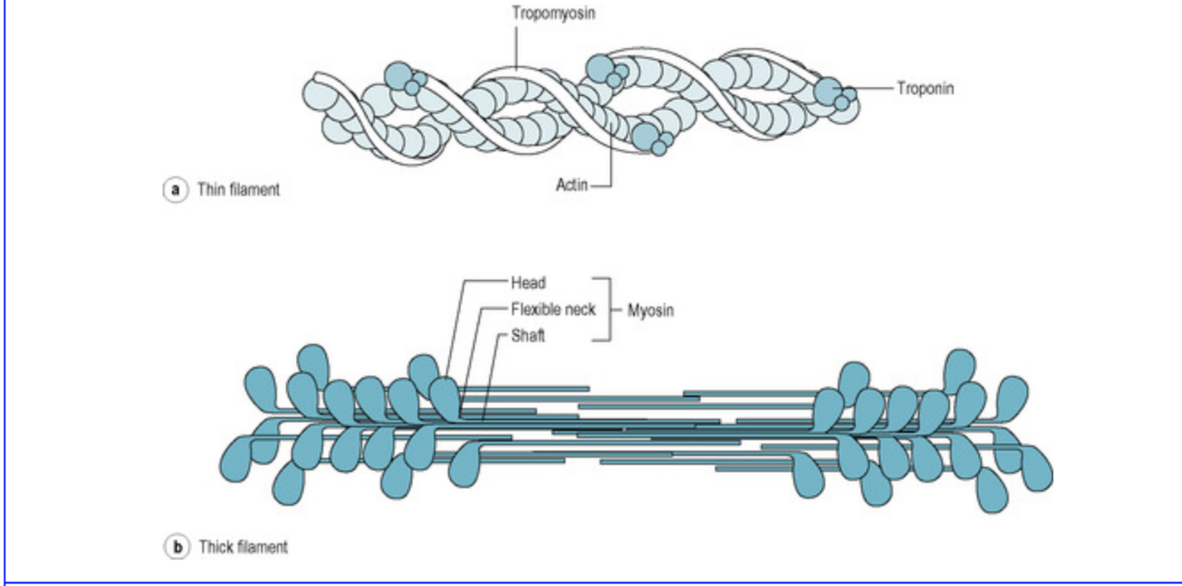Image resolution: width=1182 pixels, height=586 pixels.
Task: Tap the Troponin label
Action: [x=927, y=90]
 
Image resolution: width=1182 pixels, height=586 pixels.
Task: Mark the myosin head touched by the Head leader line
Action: [x=446, y=395]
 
